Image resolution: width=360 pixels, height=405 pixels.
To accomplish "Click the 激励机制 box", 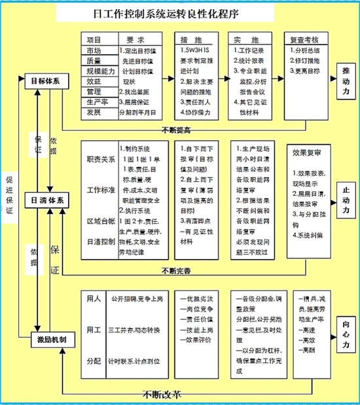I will coord(49,340).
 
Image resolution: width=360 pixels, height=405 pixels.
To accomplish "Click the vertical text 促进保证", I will coord(9,196).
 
